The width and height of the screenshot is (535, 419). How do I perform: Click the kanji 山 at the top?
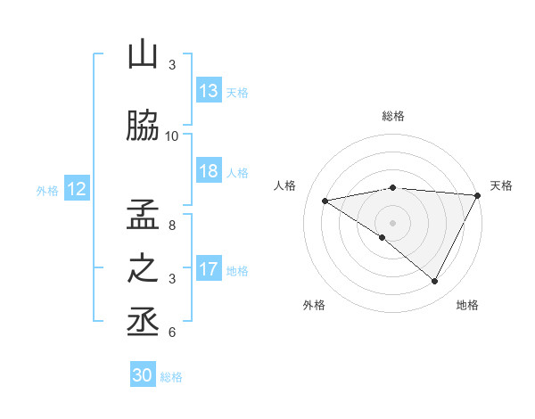[143, 55]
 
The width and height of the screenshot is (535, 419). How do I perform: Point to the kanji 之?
[143, 268]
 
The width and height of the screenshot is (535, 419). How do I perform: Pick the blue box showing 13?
[209, 91]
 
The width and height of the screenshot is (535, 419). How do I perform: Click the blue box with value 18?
[209, 172]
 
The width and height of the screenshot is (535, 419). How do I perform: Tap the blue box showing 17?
[209, 269]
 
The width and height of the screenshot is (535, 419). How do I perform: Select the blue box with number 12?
[76, 189]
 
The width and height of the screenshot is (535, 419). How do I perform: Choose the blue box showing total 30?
[143, 375]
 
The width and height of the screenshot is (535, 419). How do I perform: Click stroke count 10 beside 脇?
[172, 136]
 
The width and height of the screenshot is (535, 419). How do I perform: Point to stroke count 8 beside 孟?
[172, 226]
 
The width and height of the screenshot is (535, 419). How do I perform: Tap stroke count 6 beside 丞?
[172, 333]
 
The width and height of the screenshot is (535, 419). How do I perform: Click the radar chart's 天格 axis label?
[501, 185]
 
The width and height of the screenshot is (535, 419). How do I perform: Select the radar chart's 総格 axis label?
[392, 116]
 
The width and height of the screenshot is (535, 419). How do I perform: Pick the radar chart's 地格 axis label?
[467, 305]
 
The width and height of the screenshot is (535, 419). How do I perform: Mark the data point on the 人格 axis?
[325, 201]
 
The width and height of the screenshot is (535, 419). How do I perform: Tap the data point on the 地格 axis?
[435, 282]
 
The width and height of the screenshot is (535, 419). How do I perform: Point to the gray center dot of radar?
[392, 222]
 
